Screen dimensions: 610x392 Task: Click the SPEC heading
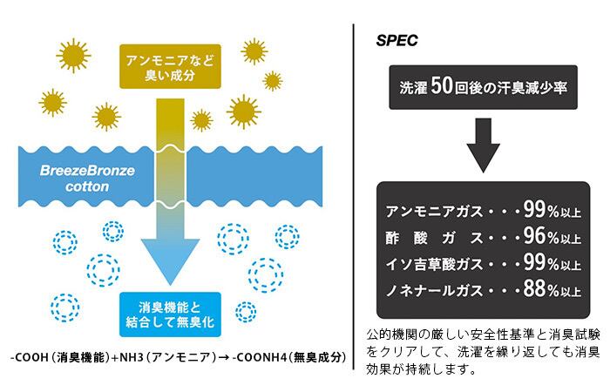[x=396, y=40]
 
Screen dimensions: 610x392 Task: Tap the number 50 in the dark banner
[x=442, y=86]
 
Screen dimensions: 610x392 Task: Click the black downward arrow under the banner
[x=483, y=145]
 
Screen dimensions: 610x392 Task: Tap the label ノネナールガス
[x=435, y=290]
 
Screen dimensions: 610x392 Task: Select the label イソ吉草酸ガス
[x=435, y=265]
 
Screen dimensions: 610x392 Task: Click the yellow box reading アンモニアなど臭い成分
[x=170, y=66]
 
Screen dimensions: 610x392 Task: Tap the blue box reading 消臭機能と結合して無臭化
[x=170, y=314]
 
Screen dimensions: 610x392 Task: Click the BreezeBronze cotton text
[x=87, y=179]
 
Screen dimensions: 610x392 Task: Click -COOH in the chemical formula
[x=30, y=357]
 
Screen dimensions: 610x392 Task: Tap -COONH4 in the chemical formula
[x=259, y=357]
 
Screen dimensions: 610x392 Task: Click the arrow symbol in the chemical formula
[x=224, y=357]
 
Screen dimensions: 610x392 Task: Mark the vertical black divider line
[x=354, y=197]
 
